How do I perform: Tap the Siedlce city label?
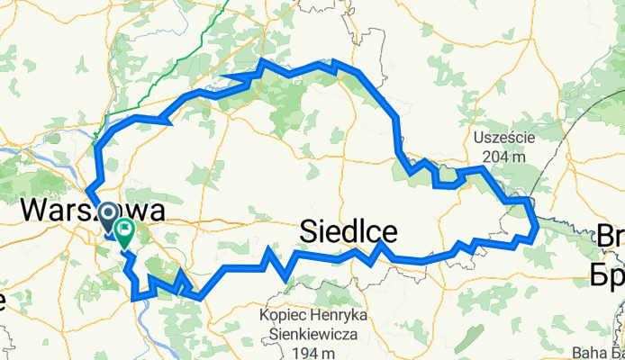[x=349, y=233]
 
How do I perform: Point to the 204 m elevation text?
[x=504, y=154]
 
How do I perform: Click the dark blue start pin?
[x=109, y=216]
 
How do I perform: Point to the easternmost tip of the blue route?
[x=538, y=229]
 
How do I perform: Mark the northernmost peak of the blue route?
[x=261, y=60]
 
